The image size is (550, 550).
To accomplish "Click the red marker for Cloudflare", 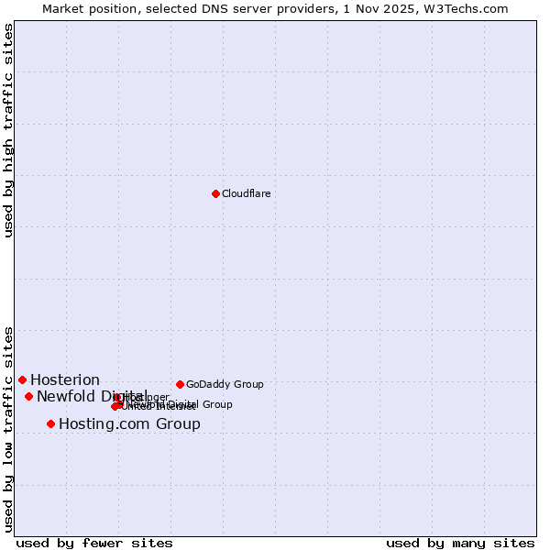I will [x=215, y=193].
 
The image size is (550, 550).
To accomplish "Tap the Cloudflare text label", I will [x=247, y=193].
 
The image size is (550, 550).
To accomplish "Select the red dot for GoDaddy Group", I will [x=180, y=384].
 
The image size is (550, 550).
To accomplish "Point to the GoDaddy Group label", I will [x=225, y=384].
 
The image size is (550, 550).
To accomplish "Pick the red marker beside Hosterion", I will [x=22, y=379].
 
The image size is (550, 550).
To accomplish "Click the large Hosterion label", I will [x=65, y=380].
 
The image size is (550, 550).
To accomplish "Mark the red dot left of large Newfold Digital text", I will [x=28, y=396].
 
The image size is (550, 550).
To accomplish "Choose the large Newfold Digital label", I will [x=92, y=396].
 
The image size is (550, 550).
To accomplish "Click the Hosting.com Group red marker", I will [x=50, y=423].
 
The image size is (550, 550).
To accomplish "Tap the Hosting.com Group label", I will [x=129, y=424].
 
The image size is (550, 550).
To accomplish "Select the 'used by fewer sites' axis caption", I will [x=94, y=543].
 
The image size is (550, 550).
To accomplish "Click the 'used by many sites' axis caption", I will [x=460, y=543].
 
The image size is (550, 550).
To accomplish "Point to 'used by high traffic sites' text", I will [x=9, y=130].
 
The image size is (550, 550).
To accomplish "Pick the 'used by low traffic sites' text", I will [x=9, y=428].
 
